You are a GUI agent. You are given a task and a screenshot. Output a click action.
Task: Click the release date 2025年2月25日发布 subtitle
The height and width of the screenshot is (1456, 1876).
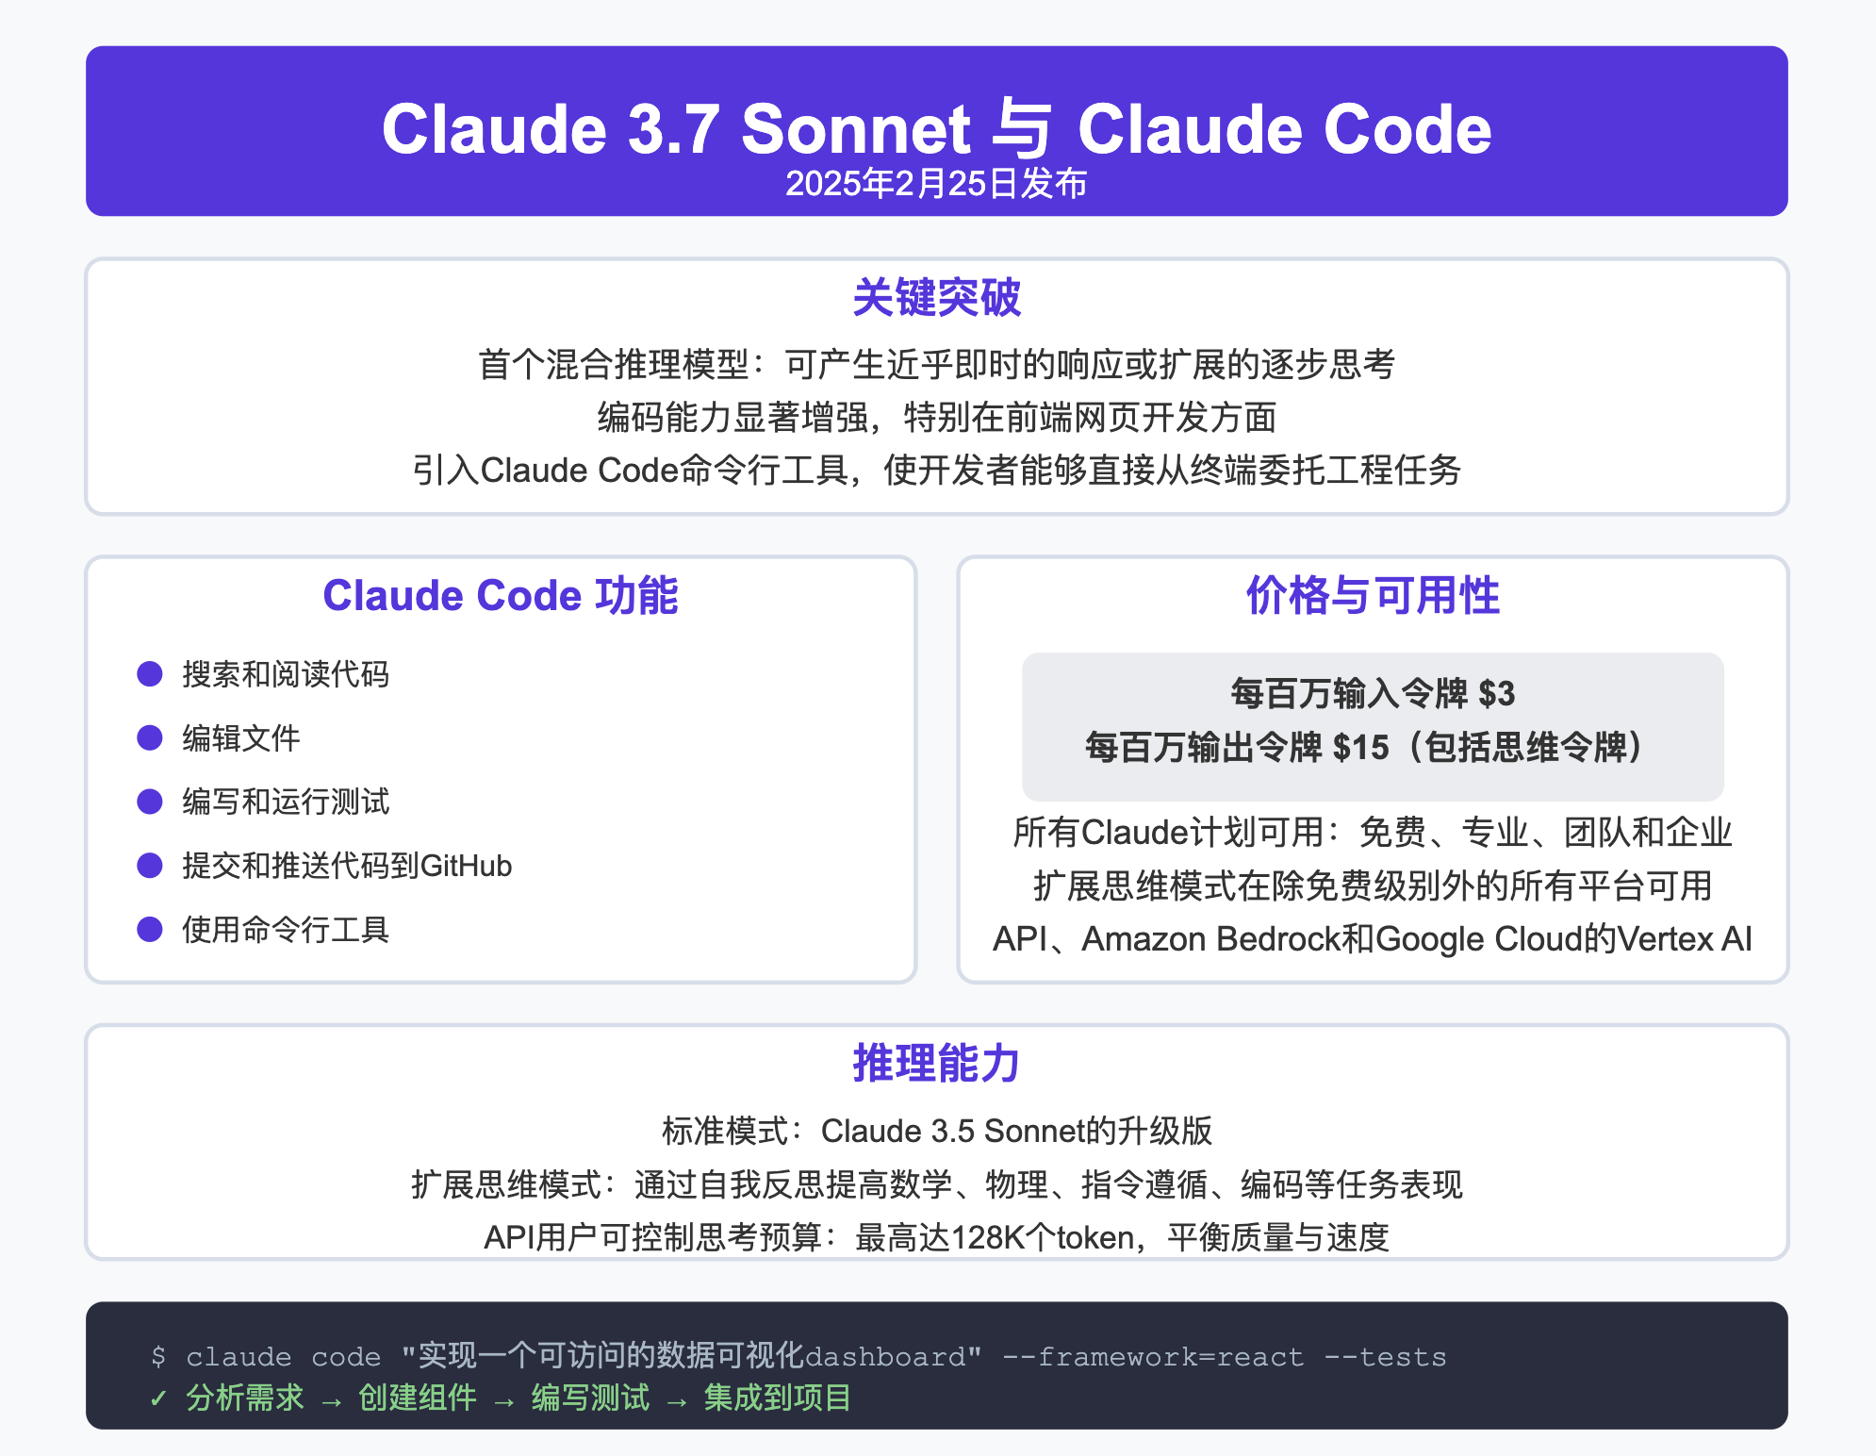[936, 184]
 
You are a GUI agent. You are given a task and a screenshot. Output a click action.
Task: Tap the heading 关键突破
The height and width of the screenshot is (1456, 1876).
[936, 298]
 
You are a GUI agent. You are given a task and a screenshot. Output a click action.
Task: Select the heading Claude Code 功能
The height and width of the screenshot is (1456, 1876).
[501, 596]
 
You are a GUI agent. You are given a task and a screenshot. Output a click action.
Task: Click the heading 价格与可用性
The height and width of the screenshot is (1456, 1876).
[1373, 596]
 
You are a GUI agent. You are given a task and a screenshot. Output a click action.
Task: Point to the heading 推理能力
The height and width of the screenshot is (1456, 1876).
[936, 1064]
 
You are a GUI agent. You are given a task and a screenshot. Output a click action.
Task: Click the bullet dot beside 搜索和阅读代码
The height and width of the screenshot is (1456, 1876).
[150, 673]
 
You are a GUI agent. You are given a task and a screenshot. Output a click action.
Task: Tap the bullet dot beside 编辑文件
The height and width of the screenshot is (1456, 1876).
[150, 737]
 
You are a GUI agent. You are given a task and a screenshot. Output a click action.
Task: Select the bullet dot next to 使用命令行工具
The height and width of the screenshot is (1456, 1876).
[150, 929]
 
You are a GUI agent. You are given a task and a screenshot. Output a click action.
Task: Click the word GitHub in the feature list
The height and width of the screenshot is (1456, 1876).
[466, 866]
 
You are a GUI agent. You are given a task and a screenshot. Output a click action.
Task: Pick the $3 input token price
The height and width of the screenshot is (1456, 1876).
[1496, 694]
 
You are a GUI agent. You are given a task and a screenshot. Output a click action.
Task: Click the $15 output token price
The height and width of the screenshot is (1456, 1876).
[1360, 748]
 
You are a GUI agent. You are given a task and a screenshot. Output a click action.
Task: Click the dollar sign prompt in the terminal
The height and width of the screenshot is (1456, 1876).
[158, 1357]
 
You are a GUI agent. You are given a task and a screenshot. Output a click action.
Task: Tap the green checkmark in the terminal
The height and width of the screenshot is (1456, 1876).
[158, 1398]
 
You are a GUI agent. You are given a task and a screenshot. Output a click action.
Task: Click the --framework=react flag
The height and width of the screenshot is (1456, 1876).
[1152, 1357]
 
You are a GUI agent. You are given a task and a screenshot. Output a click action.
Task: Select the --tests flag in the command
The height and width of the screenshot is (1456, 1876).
[1385, 1357]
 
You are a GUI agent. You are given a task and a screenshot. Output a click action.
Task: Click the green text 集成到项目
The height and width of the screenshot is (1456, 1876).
[777, 1398]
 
